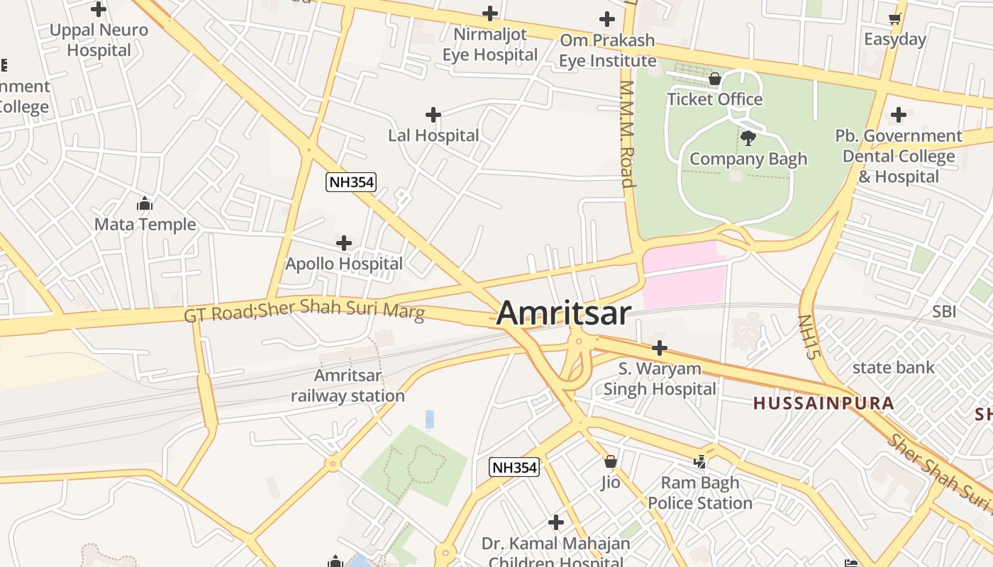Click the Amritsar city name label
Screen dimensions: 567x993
click(563, 313)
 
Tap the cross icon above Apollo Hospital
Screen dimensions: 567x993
click(344, 243)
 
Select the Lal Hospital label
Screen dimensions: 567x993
click(433, 135)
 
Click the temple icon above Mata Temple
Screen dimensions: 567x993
click(145, 204)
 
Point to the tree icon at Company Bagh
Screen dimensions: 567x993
click(748, 138)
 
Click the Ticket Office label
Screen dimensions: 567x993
click(714, 99)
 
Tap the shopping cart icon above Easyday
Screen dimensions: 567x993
click(894, 19)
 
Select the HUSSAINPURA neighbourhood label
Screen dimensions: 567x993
click(823, 403)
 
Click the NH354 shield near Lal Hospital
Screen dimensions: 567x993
click(350, 182)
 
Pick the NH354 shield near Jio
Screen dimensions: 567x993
click(514, 467)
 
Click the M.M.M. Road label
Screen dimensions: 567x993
click(626, 133)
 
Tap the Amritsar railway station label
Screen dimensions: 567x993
click(348, 386)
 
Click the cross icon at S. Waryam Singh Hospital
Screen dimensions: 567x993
click(660, 348)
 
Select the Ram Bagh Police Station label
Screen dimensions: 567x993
click(699, 493)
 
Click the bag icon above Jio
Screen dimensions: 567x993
click(611, 462)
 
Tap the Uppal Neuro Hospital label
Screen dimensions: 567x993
click(99, 40)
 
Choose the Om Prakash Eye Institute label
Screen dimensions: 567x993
click(607, 50)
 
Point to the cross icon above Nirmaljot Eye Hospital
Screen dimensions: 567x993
click(489, 13)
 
